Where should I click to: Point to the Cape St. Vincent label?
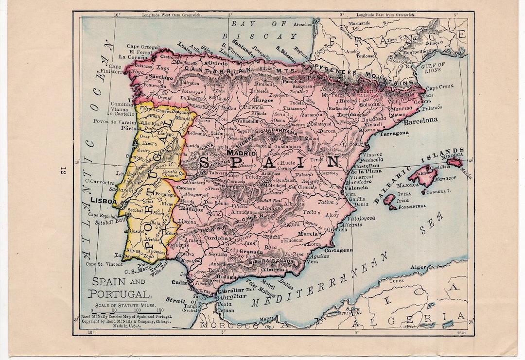(104, 264)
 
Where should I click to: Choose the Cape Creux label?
(440, 87)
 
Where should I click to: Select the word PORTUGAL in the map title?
(119, 294)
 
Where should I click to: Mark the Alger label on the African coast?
(418, 267)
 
